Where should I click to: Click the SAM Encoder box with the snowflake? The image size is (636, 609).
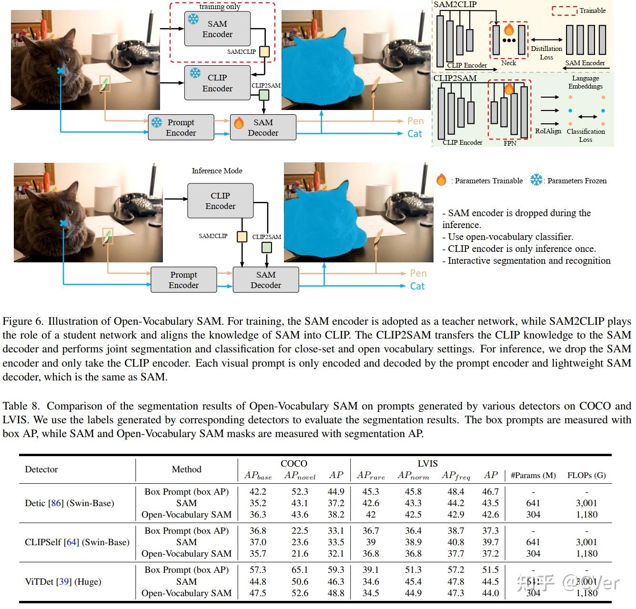coord(217,29)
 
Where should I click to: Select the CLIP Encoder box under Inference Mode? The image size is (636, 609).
coord(220,201)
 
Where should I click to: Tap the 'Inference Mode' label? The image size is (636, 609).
coord(217,170)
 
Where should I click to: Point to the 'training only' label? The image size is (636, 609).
coord(220,7)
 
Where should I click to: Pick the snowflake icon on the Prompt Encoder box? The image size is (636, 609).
coord(157,122)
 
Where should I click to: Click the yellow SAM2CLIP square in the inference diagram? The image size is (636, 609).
coord(242,236)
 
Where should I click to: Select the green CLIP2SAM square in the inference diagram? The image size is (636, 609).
coord(267,248)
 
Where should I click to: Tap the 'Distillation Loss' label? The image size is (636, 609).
coord(546,53)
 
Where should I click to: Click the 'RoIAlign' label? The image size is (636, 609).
coord(548,131)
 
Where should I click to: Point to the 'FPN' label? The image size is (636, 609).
coord(510,143)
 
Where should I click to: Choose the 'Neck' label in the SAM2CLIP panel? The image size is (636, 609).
coord(508,63)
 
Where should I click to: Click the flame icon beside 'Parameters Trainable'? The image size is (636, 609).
coord(441,180)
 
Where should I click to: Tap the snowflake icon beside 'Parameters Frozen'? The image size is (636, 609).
coord(536,180)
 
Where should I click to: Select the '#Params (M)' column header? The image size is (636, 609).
coord(533,475)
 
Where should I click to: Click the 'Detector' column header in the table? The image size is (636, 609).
coord(41,469)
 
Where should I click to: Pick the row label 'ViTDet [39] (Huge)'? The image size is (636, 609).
coord(63,581)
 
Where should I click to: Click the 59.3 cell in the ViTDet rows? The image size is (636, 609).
coord(336,569)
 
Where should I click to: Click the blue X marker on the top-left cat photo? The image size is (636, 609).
coord(61,71)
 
